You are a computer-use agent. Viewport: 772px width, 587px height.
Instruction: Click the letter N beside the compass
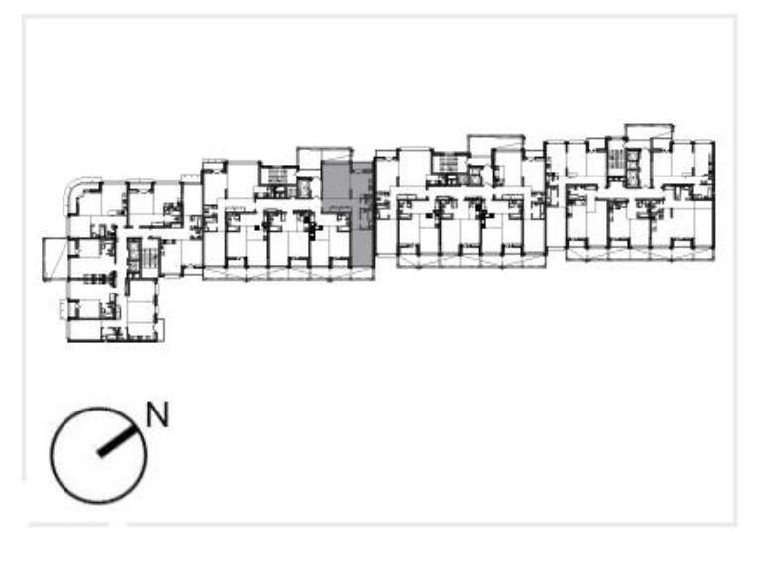coord(158,414)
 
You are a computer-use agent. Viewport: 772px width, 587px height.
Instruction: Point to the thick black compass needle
coord(117,440)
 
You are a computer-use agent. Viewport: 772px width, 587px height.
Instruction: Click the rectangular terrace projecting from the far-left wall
coord(56,260)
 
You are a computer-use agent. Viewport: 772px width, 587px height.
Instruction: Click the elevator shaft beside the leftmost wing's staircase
coord(133,255)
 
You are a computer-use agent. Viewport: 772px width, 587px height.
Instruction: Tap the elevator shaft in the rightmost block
coord(633,168)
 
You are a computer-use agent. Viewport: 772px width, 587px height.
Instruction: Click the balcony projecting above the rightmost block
coord(649,132)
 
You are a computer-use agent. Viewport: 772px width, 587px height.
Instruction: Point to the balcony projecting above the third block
coord(496,142)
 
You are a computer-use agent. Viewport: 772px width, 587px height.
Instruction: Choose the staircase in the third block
coord(449,164)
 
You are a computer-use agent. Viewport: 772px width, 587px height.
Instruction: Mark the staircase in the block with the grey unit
coord(278,176)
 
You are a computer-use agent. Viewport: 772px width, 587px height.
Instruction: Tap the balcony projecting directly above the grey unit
coord(324,153)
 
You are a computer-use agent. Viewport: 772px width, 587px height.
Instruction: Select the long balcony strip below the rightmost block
coord(641,254)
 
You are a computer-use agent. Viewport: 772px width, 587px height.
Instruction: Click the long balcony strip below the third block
coord(471,261)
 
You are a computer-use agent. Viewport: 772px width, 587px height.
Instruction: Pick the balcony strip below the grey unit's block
coord(289,274)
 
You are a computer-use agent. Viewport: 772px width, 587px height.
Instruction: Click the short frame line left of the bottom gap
coord(68,525)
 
